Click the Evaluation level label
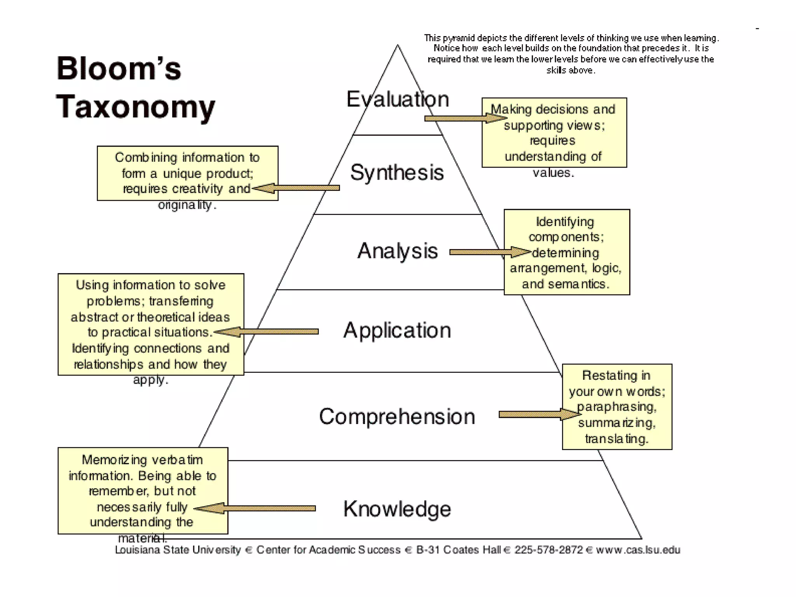coord(398,99)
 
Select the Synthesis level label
coord(397,173)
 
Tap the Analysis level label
coord(397,251)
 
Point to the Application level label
coord(397,331)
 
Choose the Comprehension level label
coord(397,417)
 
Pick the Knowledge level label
coord(397,509)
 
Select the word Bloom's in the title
coord(119,68)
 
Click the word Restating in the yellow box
coord(609,375)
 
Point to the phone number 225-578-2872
coord(549,550)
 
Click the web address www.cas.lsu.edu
coord(638,550)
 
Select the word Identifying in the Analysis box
coord(565,222)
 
